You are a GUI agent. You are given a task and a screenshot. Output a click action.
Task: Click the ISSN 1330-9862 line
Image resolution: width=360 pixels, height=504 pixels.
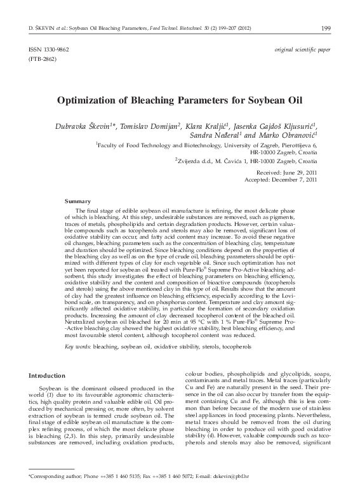pyautogui.click(x=48, y=49)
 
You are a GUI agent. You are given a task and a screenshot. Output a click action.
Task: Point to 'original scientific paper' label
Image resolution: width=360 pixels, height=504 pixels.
pyautogui.click(x=302, y=49)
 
